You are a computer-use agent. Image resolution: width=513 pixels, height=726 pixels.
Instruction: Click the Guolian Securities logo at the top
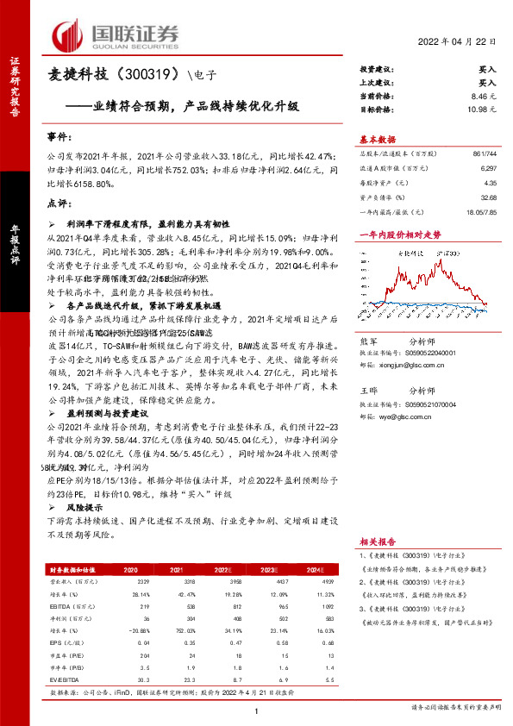116,35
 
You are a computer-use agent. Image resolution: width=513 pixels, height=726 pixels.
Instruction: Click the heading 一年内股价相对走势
399,234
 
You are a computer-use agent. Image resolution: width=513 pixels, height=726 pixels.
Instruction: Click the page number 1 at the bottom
256,710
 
